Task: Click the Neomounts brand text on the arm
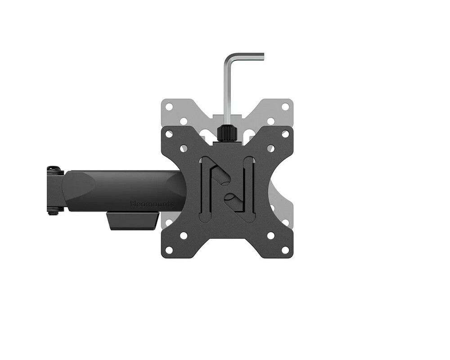point(152,204)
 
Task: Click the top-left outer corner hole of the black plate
point(169,134)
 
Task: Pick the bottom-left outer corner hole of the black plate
point(169,250)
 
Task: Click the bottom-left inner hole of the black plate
point(184,235)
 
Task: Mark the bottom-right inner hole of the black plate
point(270,235)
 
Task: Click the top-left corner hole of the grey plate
point(169,107)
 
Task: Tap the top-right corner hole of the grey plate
point(285,107)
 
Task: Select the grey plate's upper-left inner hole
point(184,121)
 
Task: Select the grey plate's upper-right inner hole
point(270,121)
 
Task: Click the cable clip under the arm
point(132,220)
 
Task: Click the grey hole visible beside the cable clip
point(169,222)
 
